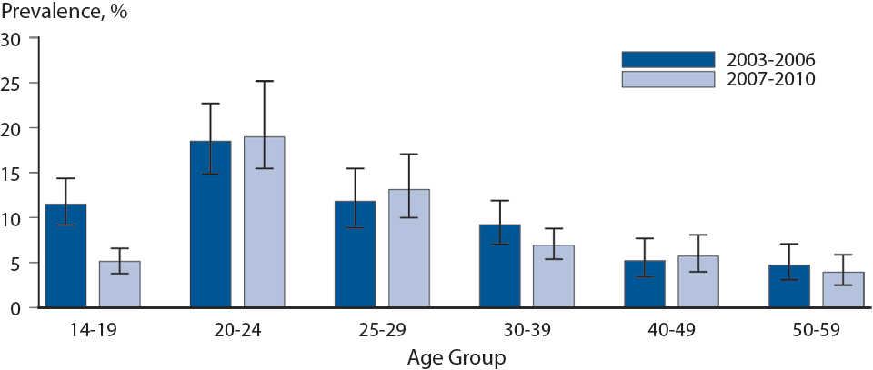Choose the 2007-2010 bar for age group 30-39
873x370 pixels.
click(x=554, y=276)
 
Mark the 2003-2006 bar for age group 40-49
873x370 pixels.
click(x=645, y=284)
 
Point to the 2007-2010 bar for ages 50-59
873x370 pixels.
click(x=843, y=290)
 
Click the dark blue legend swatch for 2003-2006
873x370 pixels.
click(x=667, y=59)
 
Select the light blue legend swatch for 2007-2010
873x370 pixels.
click(x=667, y=79)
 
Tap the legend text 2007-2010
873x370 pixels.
click(x=770, y=79)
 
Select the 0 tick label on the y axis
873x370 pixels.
click(x=15, y=308)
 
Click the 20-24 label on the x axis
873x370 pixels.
click(x=236, y=331)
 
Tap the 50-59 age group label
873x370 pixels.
click(x=816, y=331)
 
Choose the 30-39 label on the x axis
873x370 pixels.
click(x=527, y=331)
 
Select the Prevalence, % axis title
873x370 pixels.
click(x=64, y=12)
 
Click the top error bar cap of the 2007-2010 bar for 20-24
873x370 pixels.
click(x=264, y=81)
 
